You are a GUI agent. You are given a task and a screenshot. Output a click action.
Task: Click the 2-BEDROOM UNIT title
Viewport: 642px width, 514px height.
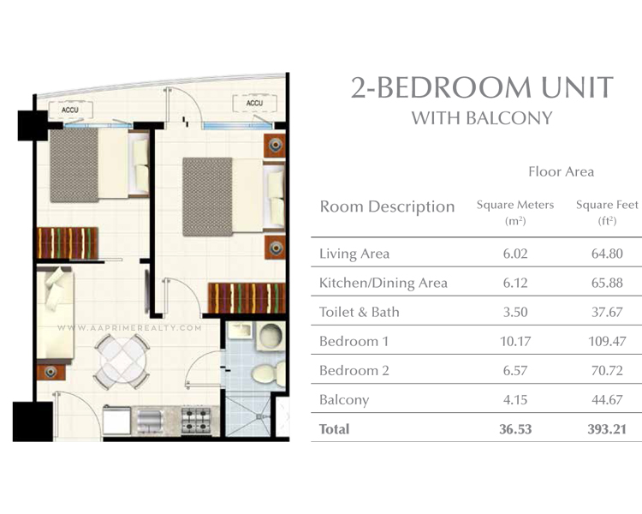click(482, 87)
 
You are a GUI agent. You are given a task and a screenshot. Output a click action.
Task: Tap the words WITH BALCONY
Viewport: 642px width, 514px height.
click(482, 118)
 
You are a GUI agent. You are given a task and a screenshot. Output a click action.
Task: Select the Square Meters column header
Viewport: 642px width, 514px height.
click(514, 206)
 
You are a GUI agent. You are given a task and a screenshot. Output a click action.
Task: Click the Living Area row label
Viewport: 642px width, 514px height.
click(354, 254)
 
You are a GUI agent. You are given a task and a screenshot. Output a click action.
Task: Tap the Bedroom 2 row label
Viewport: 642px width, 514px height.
click(354, 370)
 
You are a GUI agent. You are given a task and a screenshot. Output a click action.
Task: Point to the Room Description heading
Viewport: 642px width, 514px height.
click(387, 206)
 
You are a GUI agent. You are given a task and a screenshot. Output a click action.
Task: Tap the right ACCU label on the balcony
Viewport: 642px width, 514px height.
click(254, 104)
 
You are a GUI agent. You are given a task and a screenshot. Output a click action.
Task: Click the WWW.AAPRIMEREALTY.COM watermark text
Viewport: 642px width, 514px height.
click(128, 327)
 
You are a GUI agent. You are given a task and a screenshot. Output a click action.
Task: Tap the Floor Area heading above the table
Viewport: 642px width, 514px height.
click(561, 171)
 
